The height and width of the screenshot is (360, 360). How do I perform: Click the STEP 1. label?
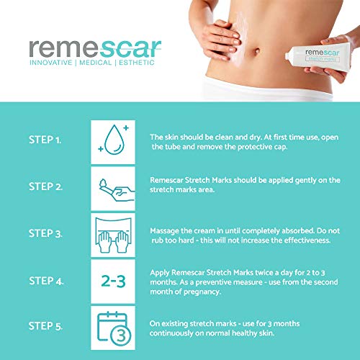coord(45,140)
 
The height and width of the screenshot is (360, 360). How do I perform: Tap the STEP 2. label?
coord(45,186)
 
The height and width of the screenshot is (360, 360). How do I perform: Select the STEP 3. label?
coord(45,233)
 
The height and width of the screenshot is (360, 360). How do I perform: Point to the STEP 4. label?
coord(46,281)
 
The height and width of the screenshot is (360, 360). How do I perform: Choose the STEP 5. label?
coord(45,326)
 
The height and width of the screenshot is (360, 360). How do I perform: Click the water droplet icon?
coord(114,140)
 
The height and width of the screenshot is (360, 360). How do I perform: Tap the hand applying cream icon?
coord(117,190)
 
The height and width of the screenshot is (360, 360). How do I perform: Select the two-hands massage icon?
coord(113,235)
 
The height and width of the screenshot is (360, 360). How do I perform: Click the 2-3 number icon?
coord(113,281)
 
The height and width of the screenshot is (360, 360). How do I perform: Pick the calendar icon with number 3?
coord(114,328)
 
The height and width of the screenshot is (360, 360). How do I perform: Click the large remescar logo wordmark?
coord(95,49)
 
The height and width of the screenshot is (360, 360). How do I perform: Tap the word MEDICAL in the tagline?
coord(96,63)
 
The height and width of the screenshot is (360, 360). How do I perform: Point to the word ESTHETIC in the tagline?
coord(137,63)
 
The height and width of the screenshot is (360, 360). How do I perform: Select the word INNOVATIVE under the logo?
coord(51,63)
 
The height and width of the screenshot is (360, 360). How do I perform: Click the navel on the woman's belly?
coord(257,51)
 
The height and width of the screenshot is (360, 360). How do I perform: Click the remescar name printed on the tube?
coord(322,52)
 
